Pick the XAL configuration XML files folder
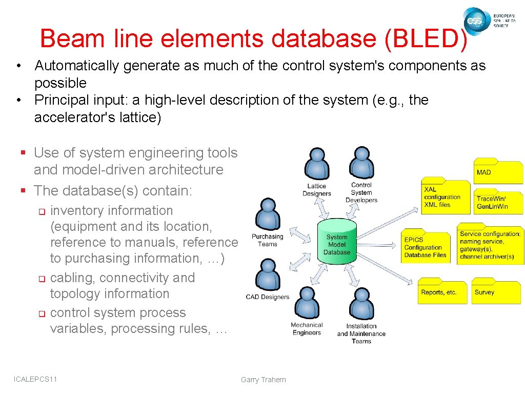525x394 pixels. coord(445,196)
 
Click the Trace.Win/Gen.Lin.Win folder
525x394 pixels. coord(498,201)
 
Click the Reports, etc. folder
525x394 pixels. coord(442,291)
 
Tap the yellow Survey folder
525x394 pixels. coord(495,291)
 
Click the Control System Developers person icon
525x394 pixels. coord(361,163)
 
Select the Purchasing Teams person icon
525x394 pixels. coord(268,214)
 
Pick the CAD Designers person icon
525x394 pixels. coord(267,274)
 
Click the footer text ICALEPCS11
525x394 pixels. coord(35,379)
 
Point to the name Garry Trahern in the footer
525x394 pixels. coord(264,380)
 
